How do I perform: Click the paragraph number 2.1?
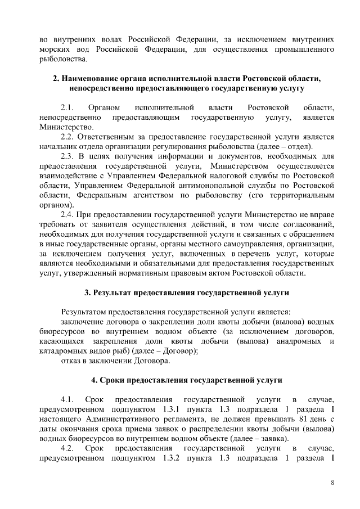68,107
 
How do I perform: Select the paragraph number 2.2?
68,137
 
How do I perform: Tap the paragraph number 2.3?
68,156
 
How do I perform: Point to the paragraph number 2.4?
68,215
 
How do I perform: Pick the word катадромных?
63,350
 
